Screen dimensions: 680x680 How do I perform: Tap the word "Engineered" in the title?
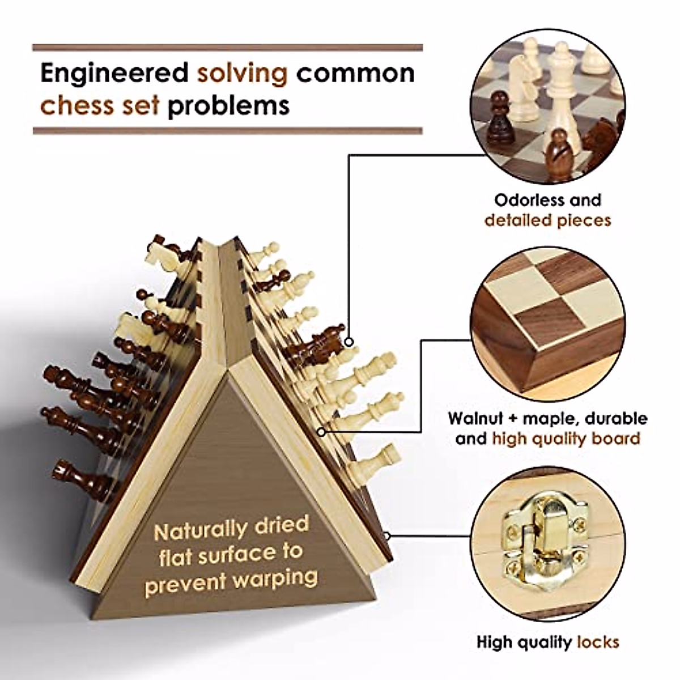tap(114, 73)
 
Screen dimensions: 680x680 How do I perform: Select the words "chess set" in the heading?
tap(99, 106)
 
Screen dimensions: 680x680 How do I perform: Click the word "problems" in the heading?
tap(228, 106)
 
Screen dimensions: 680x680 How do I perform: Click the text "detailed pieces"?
tap(547, 220)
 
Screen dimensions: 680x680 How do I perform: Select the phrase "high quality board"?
tap(566, 439)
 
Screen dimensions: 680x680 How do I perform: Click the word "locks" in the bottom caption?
tap(598, 642)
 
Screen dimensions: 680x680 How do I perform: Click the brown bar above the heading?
tap(227, 48)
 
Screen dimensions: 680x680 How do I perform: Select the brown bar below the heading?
tap(227, 131)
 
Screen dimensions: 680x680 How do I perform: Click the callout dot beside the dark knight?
tap(350, 342)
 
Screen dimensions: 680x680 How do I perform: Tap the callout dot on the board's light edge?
tap(322, 432)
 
